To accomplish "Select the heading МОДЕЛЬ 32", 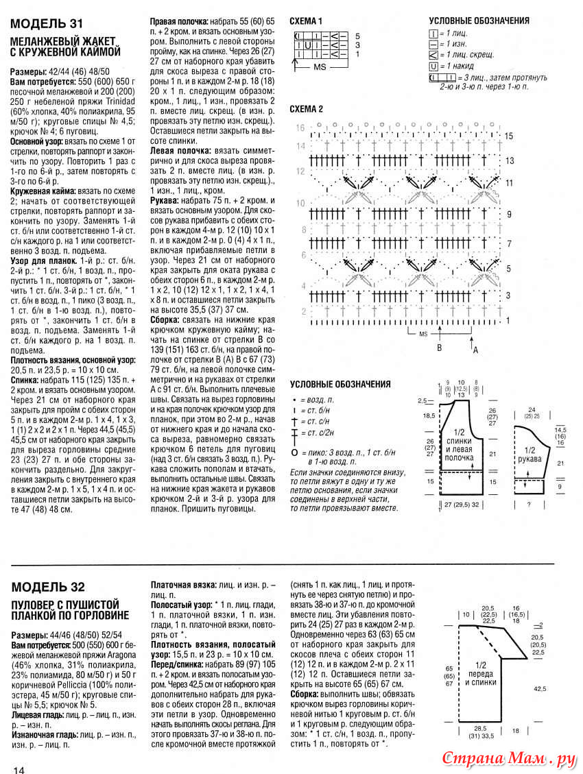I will coord(48,587).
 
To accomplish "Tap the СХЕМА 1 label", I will coord(306,21).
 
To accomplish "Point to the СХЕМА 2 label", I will coord(307,109).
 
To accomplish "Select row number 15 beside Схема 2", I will coord(508,136).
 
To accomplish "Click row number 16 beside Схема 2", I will coord(300,128).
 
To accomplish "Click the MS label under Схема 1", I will coord(320,67).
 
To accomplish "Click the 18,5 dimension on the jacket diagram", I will coord(429,416).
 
